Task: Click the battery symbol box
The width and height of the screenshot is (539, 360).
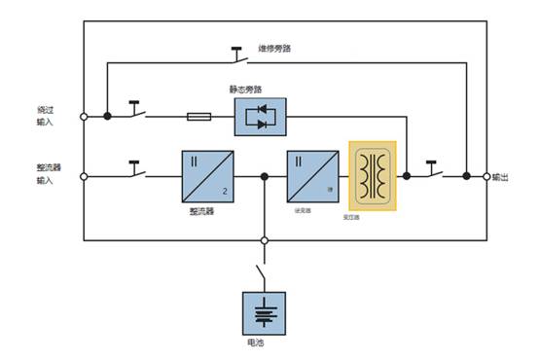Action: (x=265, y=312)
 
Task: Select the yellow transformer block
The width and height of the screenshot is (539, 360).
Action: (x=373, y=176)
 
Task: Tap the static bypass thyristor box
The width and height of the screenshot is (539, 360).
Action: (x=261, y=117)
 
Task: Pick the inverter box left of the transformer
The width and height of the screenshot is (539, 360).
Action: (x=310, y=176)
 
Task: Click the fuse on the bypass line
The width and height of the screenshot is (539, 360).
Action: (x=198, y=117)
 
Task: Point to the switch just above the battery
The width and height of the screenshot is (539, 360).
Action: (x=261, y=267)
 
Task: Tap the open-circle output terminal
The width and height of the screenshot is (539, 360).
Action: (x=486, y=177)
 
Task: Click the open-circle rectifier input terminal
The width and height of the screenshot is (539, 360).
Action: (x=84, y=177)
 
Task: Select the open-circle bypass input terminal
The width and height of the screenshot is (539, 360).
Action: (x=84, y=117)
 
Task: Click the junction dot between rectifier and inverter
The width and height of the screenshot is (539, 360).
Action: (x=264, y=177)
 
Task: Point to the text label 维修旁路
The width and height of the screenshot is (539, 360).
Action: (x=275, y=46)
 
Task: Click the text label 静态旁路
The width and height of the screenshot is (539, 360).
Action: (x=244, y=90)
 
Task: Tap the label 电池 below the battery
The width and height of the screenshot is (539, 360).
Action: (x=255, y=344)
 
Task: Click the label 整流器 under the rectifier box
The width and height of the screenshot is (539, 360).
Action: (x=201, y=210)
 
